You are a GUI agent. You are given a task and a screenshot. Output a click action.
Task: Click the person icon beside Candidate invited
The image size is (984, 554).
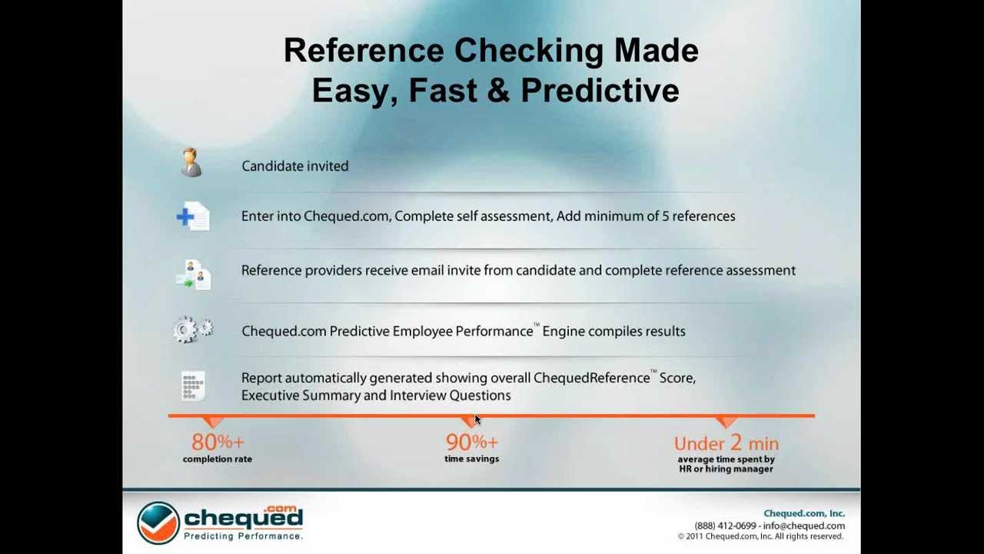coord(191,163)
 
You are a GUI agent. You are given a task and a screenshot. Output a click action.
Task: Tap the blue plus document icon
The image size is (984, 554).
coord(192,216)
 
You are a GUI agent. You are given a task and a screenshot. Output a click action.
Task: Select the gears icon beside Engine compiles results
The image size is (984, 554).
coord(192,330)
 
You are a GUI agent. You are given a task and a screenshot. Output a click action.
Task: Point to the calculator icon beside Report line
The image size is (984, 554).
coord(193,385)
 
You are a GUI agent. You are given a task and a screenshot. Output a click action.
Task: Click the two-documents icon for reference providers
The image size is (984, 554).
coord(193,275)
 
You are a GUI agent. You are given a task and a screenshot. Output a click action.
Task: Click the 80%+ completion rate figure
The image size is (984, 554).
coord(218,442)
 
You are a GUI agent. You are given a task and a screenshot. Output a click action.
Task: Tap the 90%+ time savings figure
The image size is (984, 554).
coord(471,442)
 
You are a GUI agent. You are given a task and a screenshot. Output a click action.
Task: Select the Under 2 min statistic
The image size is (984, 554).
coord(726,443)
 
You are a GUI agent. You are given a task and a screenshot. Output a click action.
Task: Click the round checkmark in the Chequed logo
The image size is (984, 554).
coord(158,522)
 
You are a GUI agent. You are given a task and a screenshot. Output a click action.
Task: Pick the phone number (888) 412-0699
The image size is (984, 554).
coord(725,526)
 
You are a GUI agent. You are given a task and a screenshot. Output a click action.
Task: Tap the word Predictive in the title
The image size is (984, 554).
coord(600,90)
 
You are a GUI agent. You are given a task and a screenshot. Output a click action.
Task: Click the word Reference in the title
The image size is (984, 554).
coord(364,51)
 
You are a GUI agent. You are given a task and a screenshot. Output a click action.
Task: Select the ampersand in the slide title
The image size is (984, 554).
coord(498,90)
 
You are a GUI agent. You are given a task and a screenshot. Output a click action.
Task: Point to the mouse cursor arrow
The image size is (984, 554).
coord(477,419)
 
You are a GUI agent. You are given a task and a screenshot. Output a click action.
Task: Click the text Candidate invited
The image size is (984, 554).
coord(294,166)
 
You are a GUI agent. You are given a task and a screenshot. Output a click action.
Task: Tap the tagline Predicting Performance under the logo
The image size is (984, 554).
coord(243,536)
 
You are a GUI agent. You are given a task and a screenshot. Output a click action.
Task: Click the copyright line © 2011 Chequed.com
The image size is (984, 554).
coord(760,536)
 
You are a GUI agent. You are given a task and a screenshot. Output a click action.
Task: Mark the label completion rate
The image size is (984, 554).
coord(218,459)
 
